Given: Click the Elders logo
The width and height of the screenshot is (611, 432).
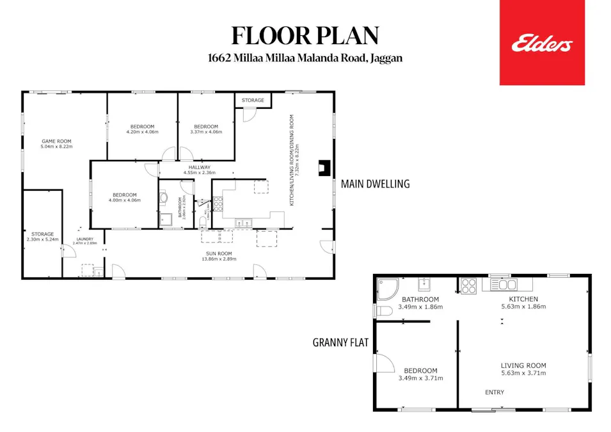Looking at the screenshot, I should pyautogui.click(x=542, y=43).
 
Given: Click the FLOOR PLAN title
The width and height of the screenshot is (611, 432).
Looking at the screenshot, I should pyautogui.click(x=305, y=35).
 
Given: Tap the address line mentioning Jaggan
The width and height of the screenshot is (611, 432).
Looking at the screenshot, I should pyautogui.click(x=305, y=58).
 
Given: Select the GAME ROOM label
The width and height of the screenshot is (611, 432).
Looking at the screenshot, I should pyautogui.click(x=56, y=141).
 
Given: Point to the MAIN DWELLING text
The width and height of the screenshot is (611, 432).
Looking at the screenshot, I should pyautogui.click(x=375, y=184).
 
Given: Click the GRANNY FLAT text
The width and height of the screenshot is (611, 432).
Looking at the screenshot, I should pyautogui.click(x=340, y=342).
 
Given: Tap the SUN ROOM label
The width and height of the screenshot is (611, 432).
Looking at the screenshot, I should pyautogui.click(x=219, y=253).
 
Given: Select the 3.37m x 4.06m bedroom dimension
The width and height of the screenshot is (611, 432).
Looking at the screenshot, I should pyautogui.click(x=208, y=132).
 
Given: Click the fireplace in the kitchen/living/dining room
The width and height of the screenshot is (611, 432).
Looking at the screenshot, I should pyautogui.click(x=324, y=168).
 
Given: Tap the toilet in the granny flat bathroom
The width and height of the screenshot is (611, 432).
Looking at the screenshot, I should pyautogui.click(x=383, y=311).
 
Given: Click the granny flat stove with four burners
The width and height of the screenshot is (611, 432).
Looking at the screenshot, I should pyautogui.click(x=468, y=285).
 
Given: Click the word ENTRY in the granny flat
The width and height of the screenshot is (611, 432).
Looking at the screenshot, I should pyautogui.click(x=495, y=392).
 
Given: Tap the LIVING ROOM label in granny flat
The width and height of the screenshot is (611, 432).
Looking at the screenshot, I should pyautogui.click(x=523, y=366).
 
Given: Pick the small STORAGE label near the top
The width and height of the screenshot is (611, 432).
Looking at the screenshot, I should pyautogui.click(x=253, y=100).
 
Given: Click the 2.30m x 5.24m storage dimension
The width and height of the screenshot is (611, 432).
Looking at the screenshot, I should pyautogui.click(x=43, y=239).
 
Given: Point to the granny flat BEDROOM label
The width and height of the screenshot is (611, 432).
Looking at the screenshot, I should pyautogui.click(x=420, y=371).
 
